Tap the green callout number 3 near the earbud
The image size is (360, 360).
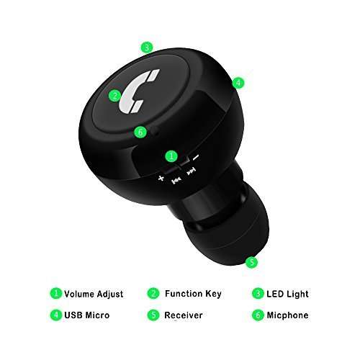pyautogui.click(x=147, y=48)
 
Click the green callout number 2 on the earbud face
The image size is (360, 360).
pyautogui.click(x=114, y=94)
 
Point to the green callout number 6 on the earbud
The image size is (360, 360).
pyautogui.click(x=140, y=132)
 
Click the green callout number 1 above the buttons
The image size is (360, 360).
pyautogui.click(x=171, y=155)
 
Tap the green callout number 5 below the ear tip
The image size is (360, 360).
pyautogui.click(x=251, y=262)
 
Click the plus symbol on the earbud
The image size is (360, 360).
pyautogui.click(x=161, y=176)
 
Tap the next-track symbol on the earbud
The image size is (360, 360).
pyautogui.click(x=191, y=172)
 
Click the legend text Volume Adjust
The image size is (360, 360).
pyautogui.click(x=94, y=294)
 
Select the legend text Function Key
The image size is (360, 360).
pyautogui.click(x=193, y=294)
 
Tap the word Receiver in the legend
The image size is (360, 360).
pyautogui.click(x=184, y=315)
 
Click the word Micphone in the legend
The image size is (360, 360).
pyautogui.click(x=287, y=315)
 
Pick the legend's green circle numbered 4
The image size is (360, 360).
pyautogui.click(x=55, y=315)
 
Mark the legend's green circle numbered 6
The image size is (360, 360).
pyautogui.click(x=257, y=315)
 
